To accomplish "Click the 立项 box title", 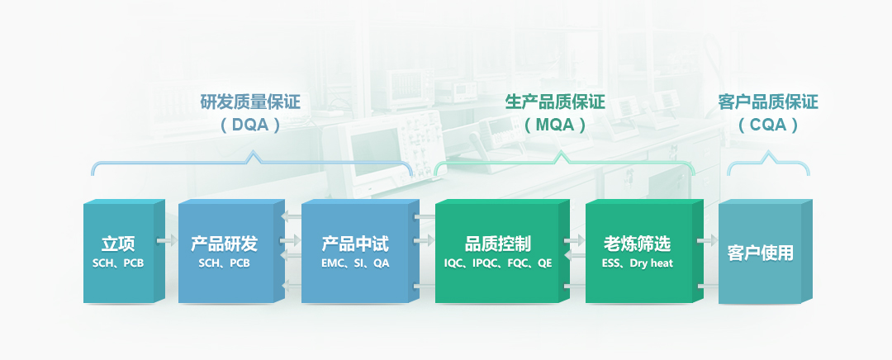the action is (x=118, y=244).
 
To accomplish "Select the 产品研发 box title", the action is (x=224, y=244).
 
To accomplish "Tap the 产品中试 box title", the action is (x=355, y=244).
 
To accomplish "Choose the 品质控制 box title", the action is (x=498, y=244).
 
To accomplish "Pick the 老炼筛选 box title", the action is (x=637, y=244).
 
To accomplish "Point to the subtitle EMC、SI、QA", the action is (x=355, y=264).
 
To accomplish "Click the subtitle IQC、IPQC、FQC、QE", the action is (x=498, y=264).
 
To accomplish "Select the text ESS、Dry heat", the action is (x=637, y=264).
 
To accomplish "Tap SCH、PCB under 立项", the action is (x=118, y=264).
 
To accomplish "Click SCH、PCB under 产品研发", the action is (x=224, y=264).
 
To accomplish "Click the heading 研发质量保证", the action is (x=250, y=102).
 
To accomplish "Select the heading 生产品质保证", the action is (x=555, y=102).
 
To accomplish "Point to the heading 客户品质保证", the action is (x=768, y=102).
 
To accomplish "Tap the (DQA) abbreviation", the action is (x=250, y=125).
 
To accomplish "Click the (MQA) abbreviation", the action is (x=555, y=125).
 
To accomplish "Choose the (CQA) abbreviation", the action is (x=768, y=125).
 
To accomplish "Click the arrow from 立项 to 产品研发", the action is (x=168, y=241).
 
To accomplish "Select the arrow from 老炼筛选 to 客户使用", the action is (x=708, y=241).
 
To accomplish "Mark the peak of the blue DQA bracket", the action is (x=252, y=153).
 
